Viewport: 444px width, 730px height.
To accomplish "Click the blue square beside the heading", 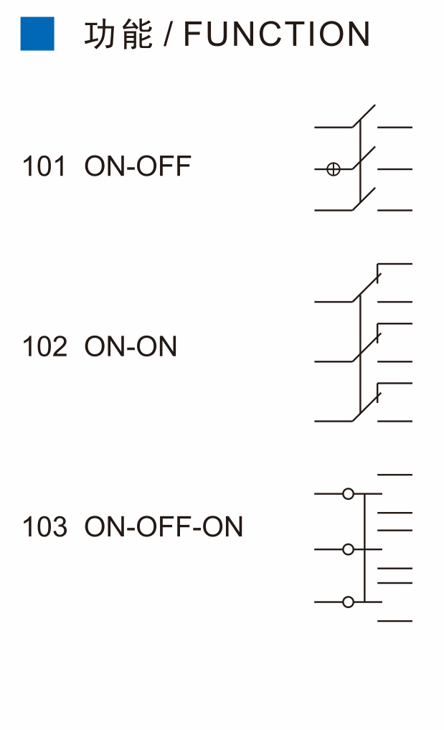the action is (37, 34).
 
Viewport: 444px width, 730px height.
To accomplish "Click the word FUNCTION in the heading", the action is (277, 34).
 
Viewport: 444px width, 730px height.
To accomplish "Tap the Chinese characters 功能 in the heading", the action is (118, 34).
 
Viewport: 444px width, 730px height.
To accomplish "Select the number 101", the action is (44, 166).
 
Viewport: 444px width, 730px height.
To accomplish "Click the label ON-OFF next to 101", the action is (138, 166).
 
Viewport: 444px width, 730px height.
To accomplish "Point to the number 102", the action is (44, 347).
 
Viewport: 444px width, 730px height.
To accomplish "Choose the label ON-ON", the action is (131, 347).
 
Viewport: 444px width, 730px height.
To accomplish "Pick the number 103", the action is (44, 527).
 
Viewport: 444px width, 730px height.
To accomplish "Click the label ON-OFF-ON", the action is (164, 527).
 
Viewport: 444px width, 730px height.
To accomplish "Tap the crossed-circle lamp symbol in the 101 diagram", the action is (333, 169).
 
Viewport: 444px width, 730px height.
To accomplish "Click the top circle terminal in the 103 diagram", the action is (348, 493).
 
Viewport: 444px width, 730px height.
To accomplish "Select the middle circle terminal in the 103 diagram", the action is (348, 549).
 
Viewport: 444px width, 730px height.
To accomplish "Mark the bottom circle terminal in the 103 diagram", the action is (348, 602).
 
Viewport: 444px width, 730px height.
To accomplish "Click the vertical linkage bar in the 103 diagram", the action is (364, 548).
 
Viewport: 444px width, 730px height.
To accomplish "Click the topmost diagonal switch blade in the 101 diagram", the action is (364, 116).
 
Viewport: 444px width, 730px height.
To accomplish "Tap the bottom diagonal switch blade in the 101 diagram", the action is (364, 199).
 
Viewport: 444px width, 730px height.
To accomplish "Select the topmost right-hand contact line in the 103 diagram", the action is (395, 475).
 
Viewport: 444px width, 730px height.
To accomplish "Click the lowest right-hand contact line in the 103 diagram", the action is (395, 620).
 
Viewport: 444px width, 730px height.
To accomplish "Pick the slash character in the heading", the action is (168, 34).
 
